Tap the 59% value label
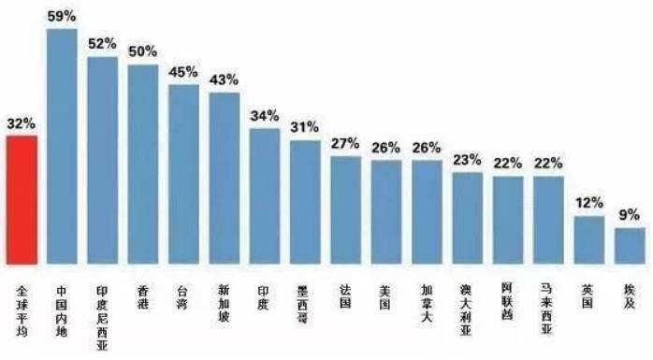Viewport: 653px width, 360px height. point(62,15)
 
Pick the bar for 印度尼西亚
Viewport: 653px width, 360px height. point(102,160)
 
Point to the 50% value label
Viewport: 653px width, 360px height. point(143,50)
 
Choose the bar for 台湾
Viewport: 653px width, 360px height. point(183,174)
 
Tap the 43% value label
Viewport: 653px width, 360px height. point(224,79)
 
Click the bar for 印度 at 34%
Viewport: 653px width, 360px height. point(265,195)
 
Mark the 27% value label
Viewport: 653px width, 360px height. point(345,142)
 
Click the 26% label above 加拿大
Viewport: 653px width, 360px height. point(427,147)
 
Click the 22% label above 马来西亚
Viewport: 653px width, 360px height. point(548,163)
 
